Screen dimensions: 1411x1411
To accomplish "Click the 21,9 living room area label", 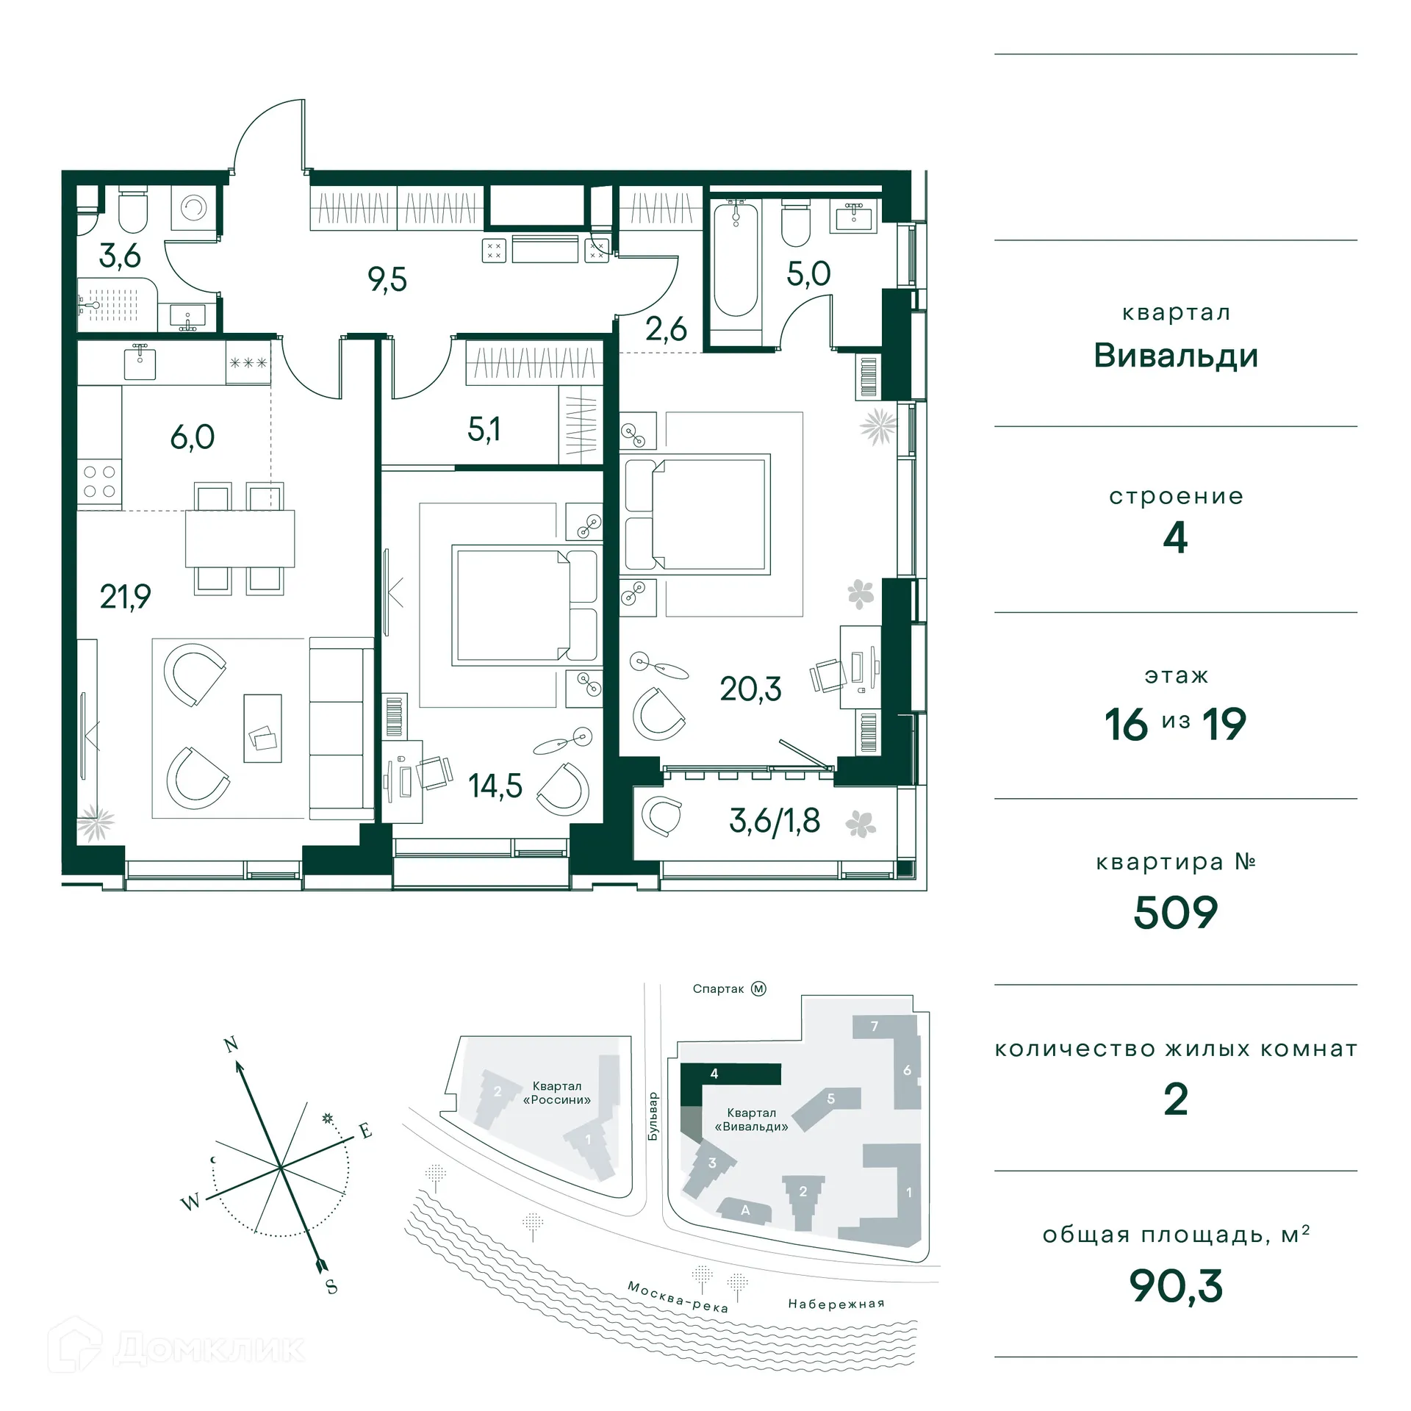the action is pyautogui.click(x=126, y=597).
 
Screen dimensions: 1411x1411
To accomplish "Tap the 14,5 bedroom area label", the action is pyautogui.click(x=495, y=786).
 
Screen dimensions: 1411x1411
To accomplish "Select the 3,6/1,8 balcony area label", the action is pyautogui.click(x=775, y=821).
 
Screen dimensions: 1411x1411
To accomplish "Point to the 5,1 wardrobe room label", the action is pyautogui.click(x=484, y=429).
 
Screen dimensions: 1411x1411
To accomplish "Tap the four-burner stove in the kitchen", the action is pyautogui.click(x=99, y=482).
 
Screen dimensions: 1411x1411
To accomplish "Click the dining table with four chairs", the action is pyautogui.click(x=240, y=538).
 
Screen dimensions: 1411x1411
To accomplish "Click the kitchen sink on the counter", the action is pyautogui.click(x=140, y=363).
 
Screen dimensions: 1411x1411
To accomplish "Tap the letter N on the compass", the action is pyautogui.click(x=231, y=1045).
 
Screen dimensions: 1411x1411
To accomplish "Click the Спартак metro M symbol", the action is pyautogui.click(x=758, y=989).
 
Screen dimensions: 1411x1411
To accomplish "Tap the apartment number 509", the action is pyautogui.click(x=1175, y=913).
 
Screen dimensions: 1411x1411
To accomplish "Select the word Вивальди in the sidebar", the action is pyautogui.click(x=1175, y=356).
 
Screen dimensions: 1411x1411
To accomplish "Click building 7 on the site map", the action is pyautogui.click(x=874, y=1027).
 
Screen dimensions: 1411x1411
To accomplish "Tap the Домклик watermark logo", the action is pyautogui.click(x=176, y=1348).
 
